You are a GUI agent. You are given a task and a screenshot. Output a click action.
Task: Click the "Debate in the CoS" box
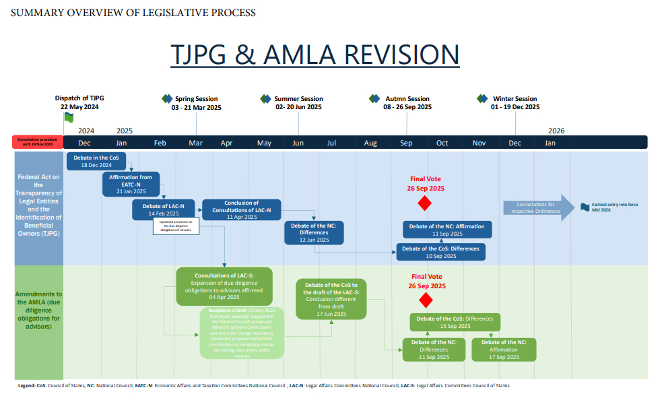(94, 161)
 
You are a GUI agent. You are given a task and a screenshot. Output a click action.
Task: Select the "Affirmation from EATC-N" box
(131, 184)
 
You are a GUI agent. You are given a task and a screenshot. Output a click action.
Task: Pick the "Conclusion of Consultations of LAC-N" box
(242, 209)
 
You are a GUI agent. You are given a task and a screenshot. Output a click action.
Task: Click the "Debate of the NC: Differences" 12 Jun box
(314, 232)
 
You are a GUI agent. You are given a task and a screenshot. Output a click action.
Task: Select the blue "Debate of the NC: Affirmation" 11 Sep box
(447, 230)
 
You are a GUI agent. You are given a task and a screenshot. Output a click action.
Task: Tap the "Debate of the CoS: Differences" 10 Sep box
(440, 252)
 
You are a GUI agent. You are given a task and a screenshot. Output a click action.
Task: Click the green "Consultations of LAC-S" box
(224, 286)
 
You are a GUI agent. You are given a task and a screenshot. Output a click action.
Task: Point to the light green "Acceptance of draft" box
(242, 333)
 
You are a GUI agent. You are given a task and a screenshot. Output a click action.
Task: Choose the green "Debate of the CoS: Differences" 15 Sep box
(455, 322)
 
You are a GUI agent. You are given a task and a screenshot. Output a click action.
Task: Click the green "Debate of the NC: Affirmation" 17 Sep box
(504, 350)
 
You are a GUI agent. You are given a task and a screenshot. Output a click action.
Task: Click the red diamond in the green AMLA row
(424, 299)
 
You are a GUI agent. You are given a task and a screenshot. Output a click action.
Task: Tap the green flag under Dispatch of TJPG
(68, 117)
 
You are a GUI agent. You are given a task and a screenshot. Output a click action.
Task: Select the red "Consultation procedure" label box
(38, 142)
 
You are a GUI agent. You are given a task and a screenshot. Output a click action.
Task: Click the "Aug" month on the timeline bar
(370, 143)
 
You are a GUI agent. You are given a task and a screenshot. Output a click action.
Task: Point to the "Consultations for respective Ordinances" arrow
(535, 207)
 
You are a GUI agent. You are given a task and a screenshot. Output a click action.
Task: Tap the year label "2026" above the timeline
(556, 131)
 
